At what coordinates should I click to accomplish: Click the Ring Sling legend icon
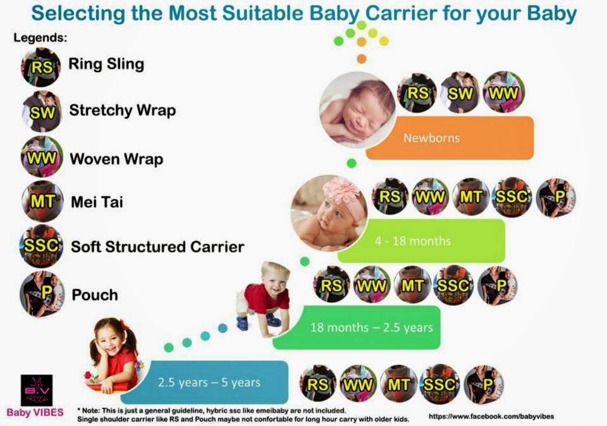(x=41, y=66)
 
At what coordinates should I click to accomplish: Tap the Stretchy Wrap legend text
(x=122, y=111)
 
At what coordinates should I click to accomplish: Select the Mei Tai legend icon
(x=41, y=202)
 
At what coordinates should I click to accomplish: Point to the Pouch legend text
(x=94, y=295)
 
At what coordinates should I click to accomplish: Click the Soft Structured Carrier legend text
(x=157, y=246)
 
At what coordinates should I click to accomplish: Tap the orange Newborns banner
(x=450, y=138)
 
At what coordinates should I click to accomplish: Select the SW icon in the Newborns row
(x=460, y=93)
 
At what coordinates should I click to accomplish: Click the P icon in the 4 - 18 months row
(x=556, y=197)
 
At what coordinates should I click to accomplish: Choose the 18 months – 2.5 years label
(x=371, y=327)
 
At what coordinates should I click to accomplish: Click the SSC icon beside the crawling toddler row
(x=455, y=286)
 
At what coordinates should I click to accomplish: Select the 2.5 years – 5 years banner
(x=209, y=382)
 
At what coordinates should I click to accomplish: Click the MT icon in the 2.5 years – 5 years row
(x=399, y=384)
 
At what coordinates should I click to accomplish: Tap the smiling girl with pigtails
(x=114, y=354)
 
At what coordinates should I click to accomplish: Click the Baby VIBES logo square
(x=37, y=390)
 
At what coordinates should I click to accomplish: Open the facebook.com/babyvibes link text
(x=486, y=417)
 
